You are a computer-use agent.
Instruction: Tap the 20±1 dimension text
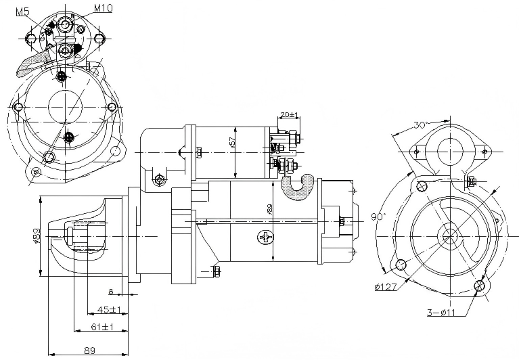[290, 115]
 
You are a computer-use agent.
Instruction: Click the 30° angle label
[420, 125]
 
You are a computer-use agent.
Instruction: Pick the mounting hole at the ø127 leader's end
[401, 265]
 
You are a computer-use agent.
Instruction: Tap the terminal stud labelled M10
[66, 24]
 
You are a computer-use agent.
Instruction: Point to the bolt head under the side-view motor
[217, 272]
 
